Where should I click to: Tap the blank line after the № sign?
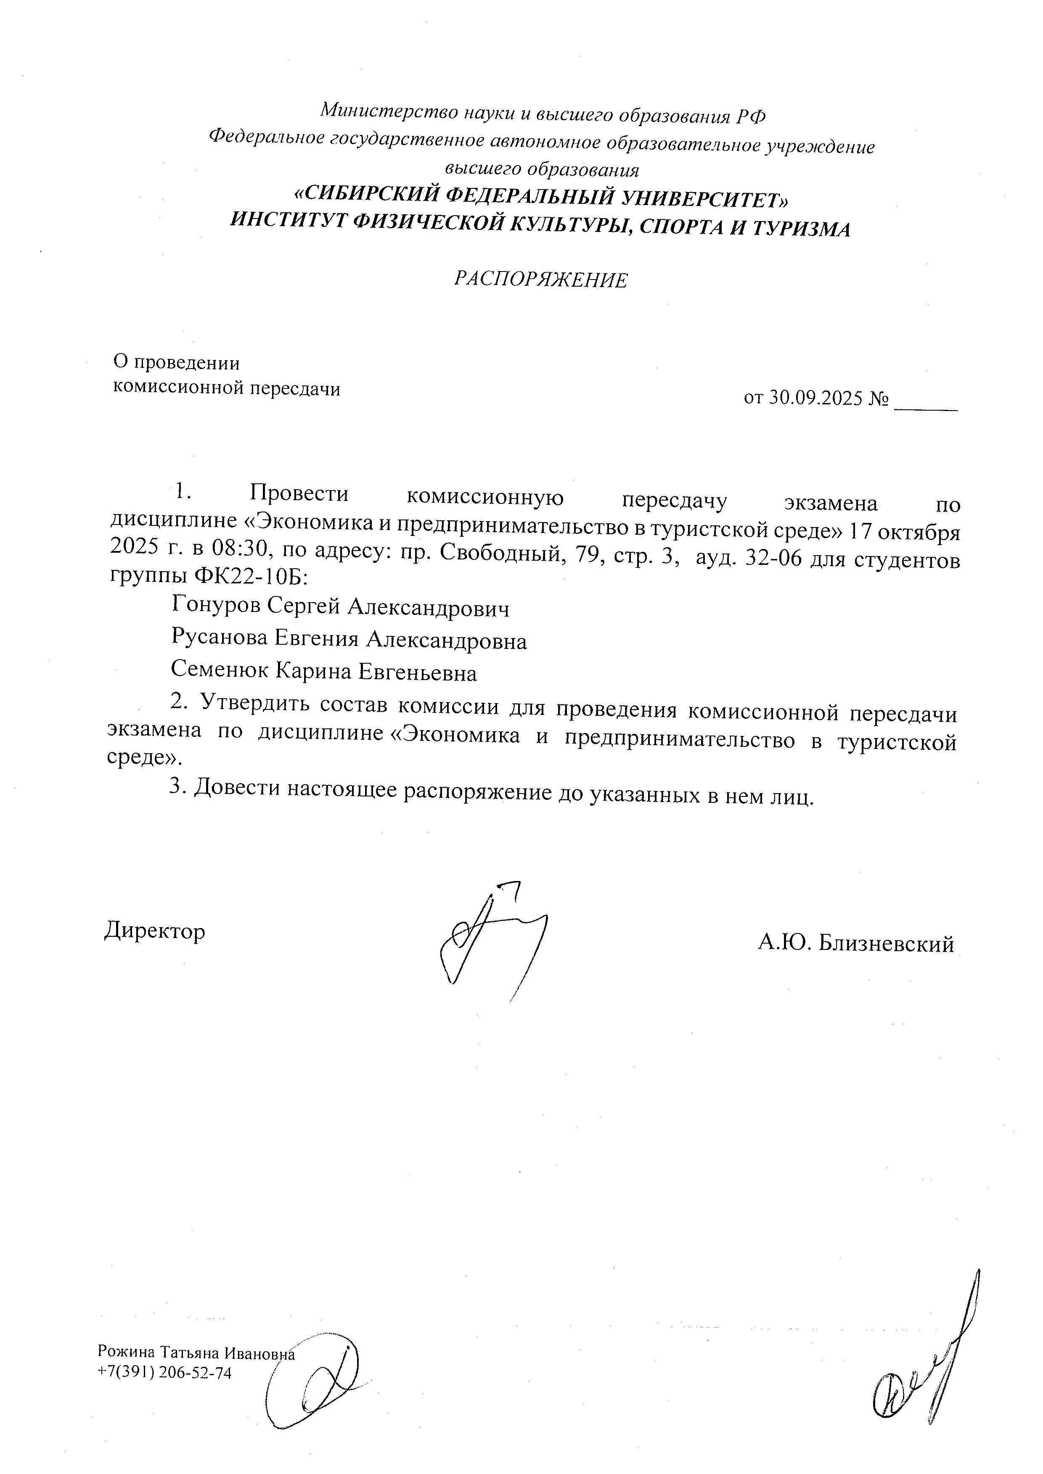click(926, 403)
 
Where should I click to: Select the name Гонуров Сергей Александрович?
click(340, 606)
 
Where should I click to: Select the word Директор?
click(155, 930)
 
